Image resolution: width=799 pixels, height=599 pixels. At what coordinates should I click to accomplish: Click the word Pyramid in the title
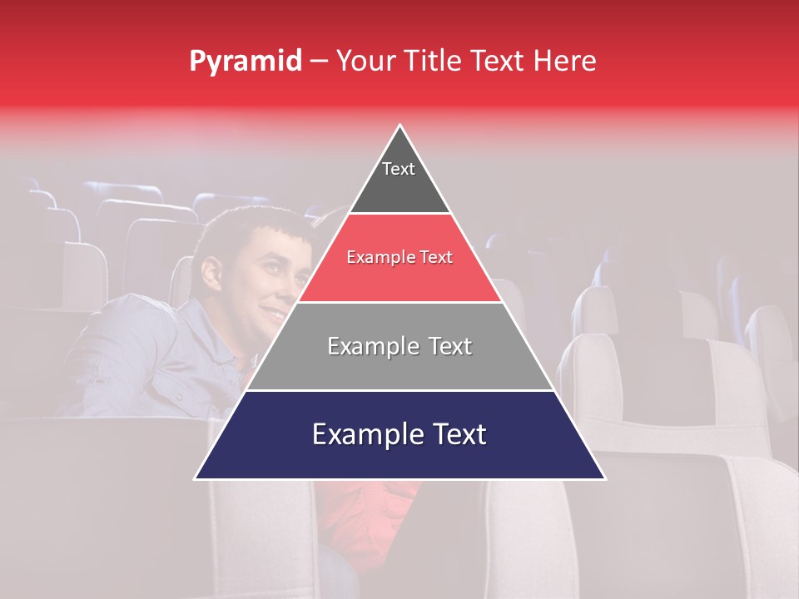point(246,62)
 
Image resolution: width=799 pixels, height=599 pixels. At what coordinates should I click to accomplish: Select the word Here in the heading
point(565,62)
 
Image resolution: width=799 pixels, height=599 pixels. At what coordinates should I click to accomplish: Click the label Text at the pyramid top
point(399,169)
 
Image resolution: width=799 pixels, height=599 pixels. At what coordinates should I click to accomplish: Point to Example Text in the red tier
point(399,257)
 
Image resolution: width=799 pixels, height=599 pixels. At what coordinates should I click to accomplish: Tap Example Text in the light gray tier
point(399,346)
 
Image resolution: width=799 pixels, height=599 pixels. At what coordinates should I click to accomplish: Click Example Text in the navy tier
point(399,434)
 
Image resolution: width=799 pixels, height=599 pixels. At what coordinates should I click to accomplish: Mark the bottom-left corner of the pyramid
point(196,478)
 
